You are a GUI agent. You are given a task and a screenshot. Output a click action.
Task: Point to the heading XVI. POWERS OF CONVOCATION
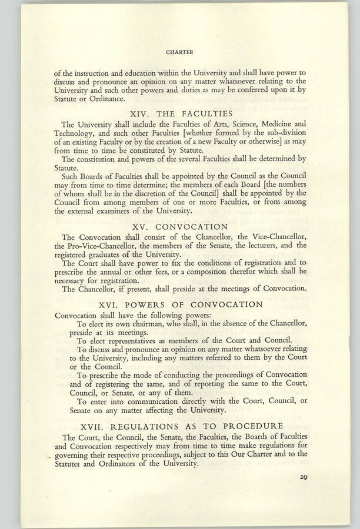pyautogui.click(x=181, y=304)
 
